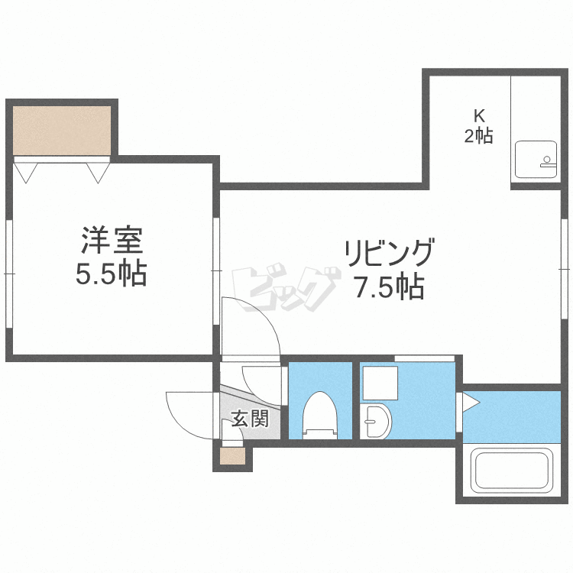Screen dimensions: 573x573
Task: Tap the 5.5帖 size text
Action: pyautogui.click(x=112, y=273)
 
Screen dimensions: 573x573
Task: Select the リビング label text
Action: pyautogui.click(x=390, y=253)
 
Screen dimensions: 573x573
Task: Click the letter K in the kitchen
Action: pyautogui.click(x=479, y=116)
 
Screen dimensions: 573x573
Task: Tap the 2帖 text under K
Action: pyautogui.click(x=479, y=136)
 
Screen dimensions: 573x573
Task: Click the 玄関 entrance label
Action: pyautogui.click(x=251, y=419)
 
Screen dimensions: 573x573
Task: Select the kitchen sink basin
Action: pyautogui.click(x=536, y=160)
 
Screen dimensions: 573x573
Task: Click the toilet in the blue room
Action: pyautogui.click(x=320, y=415)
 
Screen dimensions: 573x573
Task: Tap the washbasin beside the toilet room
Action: pyautogui.click(x=376, y=421)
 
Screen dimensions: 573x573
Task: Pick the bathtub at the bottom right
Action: pyautogui.click(x=512, y=471)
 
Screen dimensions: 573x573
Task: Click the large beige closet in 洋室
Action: pyautogui.click(x=62, y=131)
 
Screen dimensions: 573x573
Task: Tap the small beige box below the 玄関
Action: pyautogui.click(x=232, y=456)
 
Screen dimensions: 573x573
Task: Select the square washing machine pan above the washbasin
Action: pyautogui.click(x=380, y=383)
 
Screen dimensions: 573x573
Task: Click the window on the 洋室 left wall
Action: pyautogui.click(x=9, y=274)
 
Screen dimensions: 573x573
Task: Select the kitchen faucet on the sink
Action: pyautogui.click(x=547, y=162)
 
